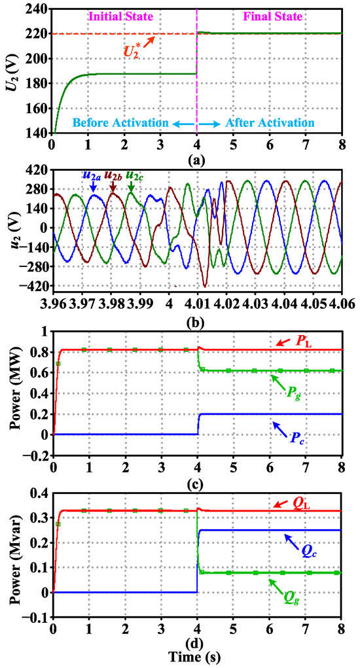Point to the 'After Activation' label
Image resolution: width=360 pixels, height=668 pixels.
point(270,122)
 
